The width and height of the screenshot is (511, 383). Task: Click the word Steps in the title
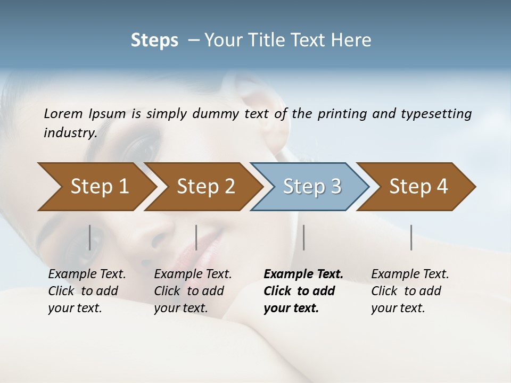pyautogui.click(x=154, y=40)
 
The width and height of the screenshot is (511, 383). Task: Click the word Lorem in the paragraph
pyautogui.click(x=64, y=114)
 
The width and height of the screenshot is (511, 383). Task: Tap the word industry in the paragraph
pyautogui.click(x=69, y=133)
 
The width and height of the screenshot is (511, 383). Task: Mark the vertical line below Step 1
pyautogui.click(x=89, y=237)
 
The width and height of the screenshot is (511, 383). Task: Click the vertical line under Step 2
pyautogui.click(x=196, y=237)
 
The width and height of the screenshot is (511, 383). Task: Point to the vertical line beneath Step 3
pyautogui.click(x=303, y=237)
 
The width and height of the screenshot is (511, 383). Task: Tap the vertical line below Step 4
pyautogui.click(x=411, y=237)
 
